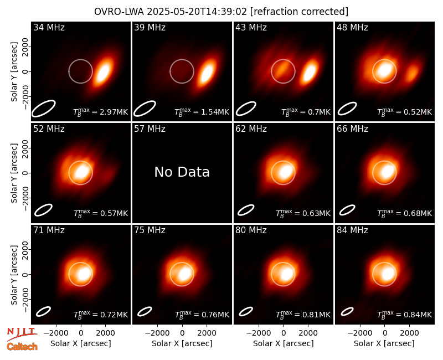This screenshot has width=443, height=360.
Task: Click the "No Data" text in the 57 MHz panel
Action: pos(182,172)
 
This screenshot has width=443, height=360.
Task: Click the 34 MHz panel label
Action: pos(49,27)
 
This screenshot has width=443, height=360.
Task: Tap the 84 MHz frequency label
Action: pos(352,230)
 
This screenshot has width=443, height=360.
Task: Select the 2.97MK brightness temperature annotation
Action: pos(101,112)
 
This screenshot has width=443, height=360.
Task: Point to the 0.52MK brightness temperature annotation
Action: pos(405,112)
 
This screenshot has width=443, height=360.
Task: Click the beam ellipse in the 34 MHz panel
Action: pos(43,108)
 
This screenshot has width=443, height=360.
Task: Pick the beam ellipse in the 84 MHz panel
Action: pos(347,311)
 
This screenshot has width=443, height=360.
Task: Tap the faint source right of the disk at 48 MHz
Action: pos(412,73)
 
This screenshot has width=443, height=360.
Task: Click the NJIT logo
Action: pos(22,334)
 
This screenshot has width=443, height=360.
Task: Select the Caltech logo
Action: pos(22,347)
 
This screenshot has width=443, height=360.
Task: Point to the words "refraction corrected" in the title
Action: pos(299,12)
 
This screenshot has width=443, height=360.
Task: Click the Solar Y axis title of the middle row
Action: pos(14,173)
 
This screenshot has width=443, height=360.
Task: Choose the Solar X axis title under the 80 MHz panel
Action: pos(283,343)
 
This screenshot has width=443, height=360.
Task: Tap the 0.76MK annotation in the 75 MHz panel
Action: pos(202,315)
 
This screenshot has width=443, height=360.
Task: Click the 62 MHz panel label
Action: pos(251,129)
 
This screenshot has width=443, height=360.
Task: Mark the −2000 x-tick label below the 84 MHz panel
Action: pos(359,333)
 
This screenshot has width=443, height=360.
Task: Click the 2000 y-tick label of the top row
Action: pos(25,47)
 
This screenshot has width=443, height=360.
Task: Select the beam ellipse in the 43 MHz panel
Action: pos(246,109)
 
